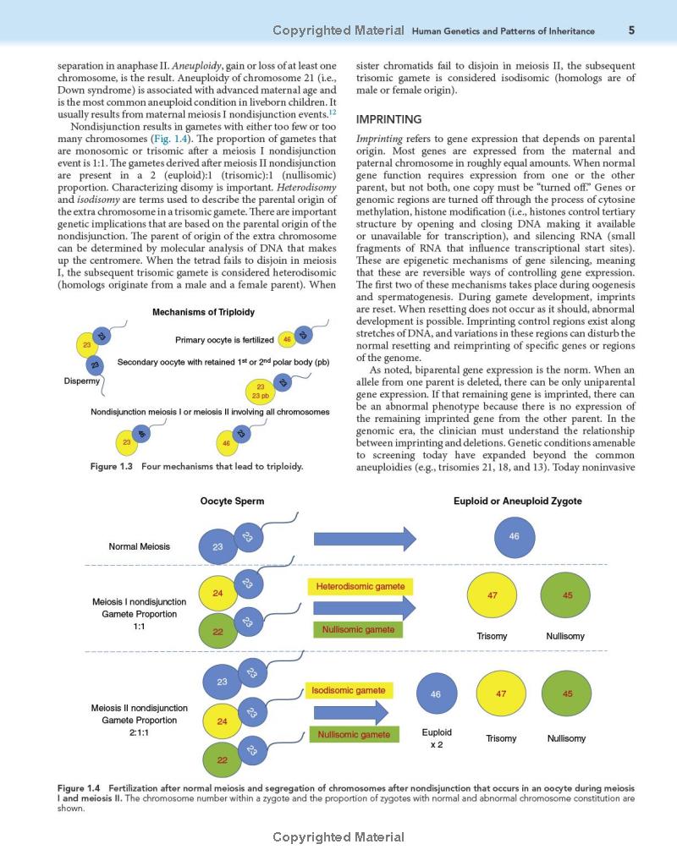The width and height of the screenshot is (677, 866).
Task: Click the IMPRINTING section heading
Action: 388,120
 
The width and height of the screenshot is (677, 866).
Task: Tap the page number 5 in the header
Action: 631,30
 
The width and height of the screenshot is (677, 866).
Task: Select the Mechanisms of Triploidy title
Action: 203,312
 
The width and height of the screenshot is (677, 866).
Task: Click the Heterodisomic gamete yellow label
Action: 355,586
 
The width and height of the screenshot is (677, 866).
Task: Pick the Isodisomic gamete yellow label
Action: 348,691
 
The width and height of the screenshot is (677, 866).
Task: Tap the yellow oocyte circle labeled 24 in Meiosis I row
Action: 217,593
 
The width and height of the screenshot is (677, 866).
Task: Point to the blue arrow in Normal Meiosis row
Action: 365,539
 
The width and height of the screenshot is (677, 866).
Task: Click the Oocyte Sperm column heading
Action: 232,501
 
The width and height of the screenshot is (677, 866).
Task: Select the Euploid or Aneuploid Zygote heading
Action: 518,501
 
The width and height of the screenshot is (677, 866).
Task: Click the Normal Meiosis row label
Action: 139,546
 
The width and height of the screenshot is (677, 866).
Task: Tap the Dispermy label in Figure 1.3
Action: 82,381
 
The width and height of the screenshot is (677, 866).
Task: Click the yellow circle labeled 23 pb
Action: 261,391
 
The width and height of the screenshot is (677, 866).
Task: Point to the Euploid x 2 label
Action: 437,738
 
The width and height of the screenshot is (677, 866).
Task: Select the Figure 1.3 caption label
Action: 112,466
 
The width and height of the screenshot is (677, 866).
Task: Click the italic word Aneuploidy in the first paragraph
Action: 196,66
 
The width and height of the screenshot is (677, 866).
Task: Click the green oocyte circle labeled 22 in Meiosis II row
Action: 222,759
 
